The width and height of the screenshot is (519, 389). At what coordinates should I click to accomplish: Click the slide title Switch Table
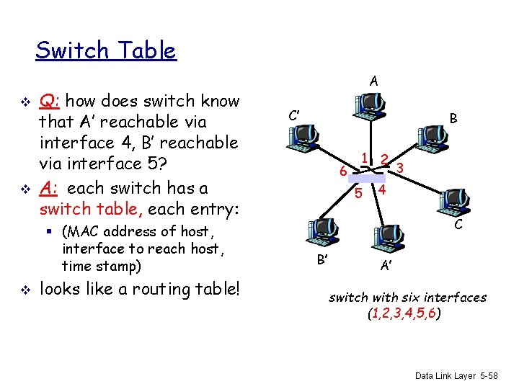[105, 50]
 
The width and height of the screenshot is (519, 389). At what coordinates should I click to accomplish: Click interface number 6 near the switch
[343, 171]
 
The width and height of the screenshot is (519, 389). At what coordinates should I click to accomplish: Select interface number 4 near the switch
[383, 191]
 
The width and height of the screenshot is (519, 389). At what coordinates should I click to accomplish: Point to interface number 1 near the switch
[365, 158]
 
